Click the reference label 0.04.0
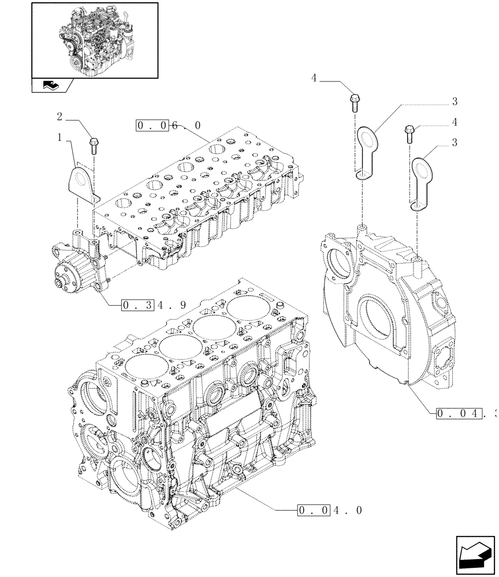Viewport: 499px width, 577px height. click(x=329, y=510)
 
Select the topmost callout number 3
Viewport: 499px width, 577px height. click(x=455, y=102)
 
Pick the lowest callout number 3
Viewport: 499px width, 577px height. click(x=455, y=143)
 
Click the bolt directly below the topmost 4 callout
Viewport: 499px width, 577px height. click(x=355, y=103)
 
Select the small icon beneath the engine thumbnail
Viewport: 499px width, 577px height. click(x=49, y=86)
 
